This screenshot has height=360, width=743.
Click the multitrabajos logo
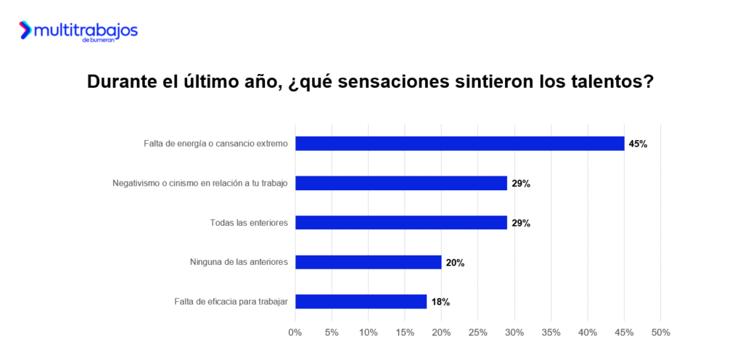coord(78,31)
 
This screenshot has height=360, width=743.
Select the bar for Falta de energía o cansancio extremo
coord(459,144)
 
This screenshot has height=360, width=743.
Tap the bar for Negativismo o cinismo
coord(401,183)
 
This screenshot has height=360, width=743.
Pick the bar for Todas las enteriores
coord(401,223)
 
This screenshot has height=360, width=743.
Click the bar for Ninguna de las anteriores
coord(368,262)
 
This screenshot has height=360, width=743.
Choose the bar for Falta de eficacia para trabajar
coord(361,301)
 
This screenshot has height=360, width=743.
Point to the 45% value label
coord(638,144)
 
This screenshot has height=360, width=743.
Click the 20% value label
coord(455,262)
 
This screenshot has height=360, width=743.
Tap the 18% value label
coord(440,301)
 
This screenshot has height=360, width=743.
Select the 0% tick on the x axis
coord(295,332)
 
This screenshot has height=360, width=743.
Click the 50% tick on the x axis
coord(660,332)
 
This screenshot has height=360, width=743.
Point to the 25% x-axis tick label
coord(478,332)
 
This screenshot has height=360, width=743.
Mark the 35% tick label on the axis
coord(551,332)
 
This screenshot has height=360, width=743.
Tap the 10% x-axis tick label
coord(368,332)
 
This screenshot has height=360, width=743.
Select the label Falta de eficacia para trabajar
coord(231,301)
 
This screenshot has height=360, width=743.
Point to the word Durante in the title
coord(120,81)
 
